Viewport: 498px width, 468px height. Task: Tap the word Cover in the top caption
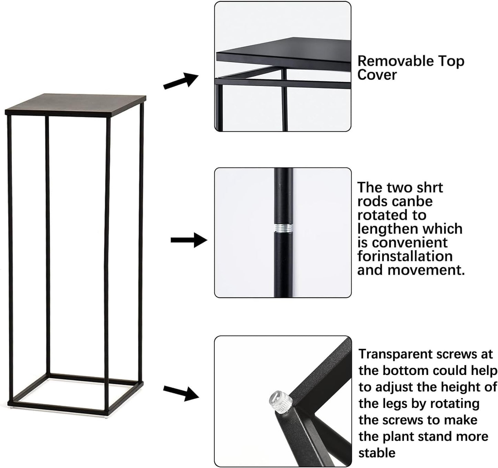[377, 75]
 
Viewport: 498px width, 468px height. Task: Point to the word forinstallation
[405, 256]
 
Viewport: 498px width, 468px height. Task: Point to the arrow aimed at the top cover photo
[181, 81]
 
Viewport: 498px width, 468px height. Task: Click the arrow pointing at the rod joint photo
[189, 240]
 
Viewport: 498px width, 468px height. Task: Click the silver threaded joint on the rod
[283, 228]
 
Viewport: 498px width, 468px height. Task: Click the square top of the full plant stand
[75, 104]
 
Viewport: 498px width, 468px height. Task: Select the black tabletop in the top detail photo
[284, 53]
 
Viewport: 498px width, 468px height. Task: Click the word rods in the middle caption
[372, 201]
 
